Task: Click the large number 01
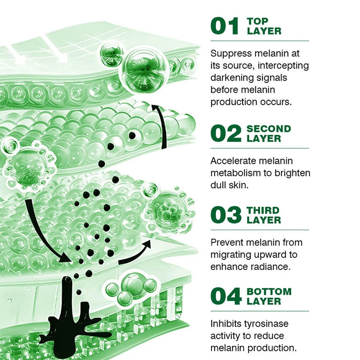click(x=225, y=26)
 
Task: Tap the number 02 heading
click(x=226, y=134)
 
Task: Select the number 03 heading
click(x=226, y=215)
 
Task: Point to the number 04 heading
click(x=226, y=296)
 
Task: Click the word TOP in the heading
click(x=257, y=21)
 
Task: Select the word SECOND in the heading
click(x=269, y=129)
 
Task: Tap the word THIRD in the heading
click(x=263, y=210)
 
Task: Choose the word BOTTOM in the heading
click(x=269, y=292)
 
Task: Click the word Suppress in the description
click(x=231, y=54)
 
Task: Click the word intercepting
click(x=283, y=66)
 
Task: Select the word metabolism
click(x=238, y=173)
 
